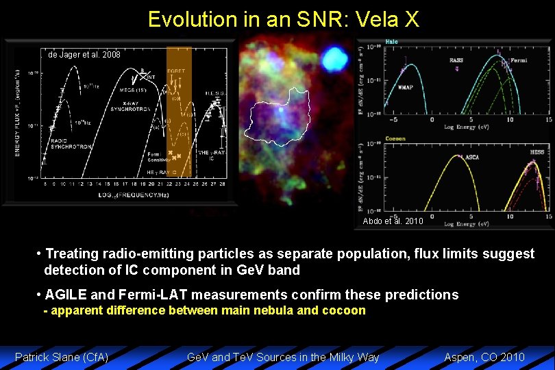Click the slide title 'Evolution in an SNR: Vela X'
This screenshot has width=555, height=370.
tap(283, 18)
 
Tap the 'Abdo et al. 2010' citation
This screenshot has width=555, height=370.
tap(393, 221)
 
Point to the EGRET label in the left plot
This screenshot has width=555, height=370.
tap(177, 71)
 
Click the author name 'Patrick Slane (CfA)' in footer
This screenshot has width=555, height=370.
tap(62, 357)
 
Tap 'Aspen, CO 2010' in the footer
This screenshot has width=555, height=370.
tap(484, 357)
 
